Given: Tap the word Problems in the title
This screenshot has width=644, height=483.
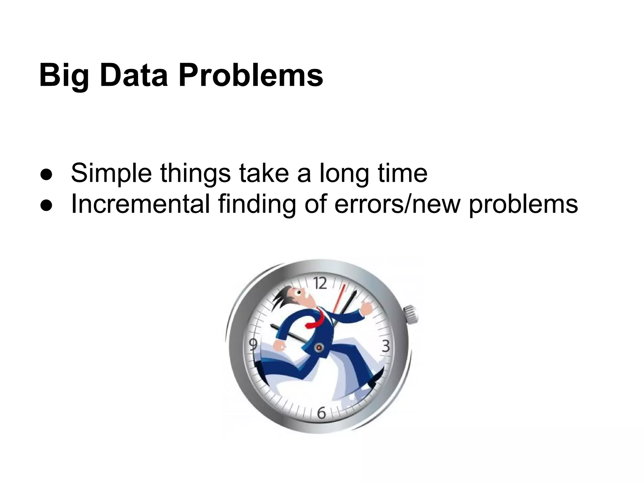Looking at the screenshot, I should pyautogui.click(x=251, y=75).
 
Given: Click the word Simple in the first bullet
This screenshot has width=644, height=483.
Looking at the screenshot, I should pyautogui.click(x=111, y=173).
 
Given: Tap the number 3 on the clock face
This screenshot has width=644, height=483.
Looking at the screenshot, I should pyautogui.click(x=386, y=346).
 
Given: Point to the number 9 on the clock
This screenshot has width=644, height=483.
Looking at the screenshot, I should pyautogui.click(x=253, y=345).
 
